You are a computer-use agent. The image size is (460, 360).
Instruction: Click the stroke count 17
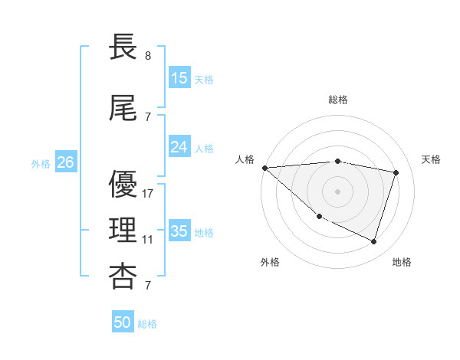point(148,194)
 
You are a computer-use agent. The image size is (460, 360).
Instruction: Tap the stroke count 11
point(148,240)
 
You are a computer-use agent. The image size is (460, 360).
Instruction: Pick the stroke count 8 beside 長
point(148,56)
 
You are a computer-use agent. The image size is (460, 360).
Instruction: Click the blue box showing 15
point(179,78)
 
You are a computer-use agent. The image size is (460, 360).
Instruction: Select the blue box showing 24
point(179,147)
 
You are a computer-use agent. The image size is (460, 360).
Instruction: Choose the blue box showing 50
point(123,322)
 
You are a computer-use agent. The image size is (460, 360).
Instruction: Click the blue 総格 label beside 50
point(147,324)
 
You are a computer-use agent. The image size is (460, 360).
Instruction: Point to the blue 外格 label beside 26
point(41,164)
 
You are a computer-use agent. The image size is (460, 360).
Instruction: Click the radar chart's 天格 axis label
point(431,159)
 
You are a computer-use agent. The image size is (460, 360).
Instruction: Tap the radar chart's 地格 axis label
point(402,262)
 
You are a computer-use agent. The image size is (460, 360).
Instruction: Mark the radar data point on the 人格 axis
point(264,168)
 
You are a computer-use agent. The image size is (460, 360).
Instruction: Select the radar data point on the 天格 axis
point(396,172)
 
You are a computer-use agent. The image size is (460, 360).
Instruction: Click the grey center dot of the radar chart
point(337,191)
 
